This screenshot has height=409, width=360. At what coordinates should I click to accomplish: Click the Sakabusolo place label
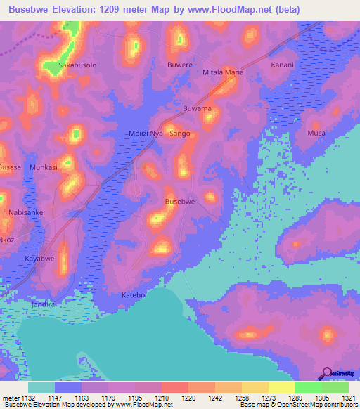(77, 65)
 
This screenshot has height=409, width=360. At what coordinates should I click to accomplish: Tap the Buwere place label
(179, 65)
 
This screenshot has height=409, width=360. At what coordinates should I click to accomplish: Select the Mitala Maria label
(223, 72)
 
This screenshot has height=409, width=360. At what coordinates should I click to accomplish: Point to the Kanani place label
(282, 65)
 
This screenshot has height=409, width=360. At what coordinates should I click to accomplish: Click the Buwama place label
(197, 109)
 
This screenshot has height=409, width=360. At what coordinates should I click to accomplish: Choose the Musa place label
(316, 133)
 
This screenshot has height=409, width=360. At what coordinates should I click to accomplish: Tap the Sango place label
(180, 133)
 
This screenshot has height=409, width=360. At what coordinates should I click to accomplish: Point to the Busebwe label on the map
(179, 202)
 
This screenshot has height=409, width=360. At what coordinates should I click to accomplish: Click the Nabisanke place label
(26, 212)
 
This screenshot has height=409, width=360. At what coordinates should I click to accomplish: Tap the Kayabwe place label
(40, 259)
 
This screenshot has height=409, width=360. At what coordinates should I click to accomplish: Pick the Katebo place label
(133, 295)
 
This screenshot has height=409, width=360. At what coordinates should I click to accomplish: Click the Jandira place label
(44, 304)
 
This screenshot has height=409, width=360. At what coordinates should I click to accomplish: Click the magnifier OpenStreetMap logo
(327, 372)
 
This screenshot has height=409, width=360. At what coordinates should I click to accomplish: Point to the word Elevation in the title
(79, 10)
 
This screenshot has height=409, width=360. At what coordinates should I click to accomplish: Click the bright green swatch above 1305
(309, 387)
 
